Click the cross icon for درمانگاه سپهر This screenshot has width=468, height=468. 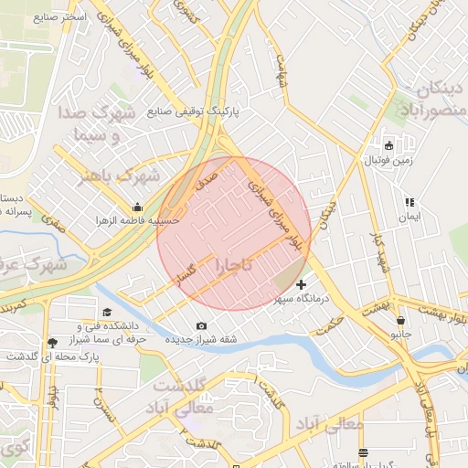click(x=302, y=285)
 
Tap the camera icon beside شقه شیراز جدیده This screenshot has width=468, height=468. click(x=201, y=326)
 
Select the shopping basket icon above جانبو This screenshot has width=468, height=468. click(x=401, y=321)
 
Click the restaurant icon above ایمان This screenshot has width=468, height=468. click(x=409, y=202)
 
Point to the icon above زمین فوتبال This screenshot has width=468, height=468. click(x=388, y=145)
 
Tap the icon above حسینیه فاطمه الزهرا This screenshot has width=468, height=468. click(x=137, y=206)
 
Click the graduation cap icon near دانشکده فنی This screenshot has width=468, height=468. click(x=107, y=313)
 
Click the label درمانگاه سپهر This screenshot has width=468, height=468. click(x=304, y=300)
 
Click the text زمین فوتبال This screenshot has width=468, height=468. click(x=389, y=161)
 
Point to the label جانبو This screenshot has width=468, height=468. click(x=401, y=335)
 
